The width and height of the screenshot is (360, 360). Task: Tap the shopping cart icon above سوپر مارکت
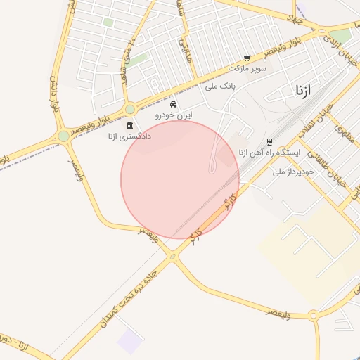[247, 58]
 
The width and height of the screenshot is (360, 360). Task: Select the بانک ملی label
[219, 85]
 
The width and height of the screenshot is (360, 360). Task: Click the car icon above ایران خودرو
[174, 104]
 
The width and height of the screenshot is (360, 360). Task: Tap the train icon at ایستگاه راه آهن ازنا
[270, 142]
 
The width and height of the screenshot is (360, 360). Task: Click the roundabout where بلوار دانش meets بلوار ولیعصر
[64, 136]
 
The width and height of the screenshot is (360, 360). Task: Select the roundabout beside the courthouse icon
[130, 109]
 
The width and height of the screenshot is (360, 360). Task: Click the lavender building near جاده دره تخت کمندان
[129, 341]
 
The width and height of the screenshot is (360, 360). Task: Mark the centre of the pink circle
[180, 180]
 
